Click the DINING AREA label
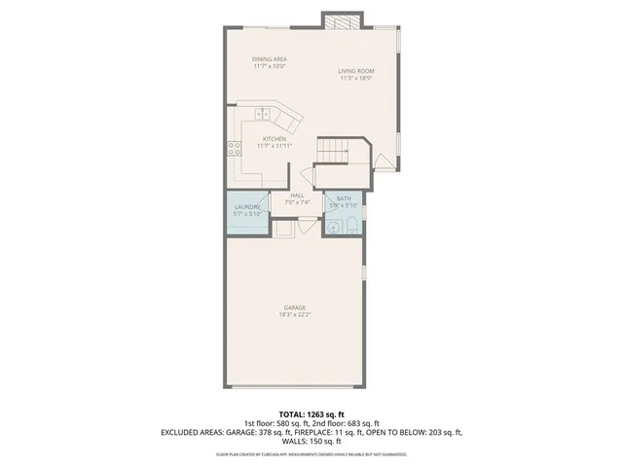coord(270,60)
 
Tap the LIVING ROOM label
coord(356,71)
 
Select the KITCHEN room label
coord(274,139)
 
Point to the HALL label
coord(297,196)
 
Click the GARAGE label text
coord(294,308)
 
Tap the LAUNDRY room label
coord(249,208)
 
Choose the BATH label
coord(344,198)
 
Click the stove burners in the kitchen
coord(235,148)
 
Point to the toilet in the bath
coord(350,227)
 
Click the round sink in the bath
coord(333,227)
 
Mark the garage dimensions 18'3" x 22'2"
coord(294,315)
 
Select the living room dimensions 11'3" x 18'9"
coord(356,78)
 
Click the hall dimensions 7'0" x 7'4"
coord(297,202)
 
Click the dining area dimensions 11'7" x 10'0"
coord(270,67)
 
